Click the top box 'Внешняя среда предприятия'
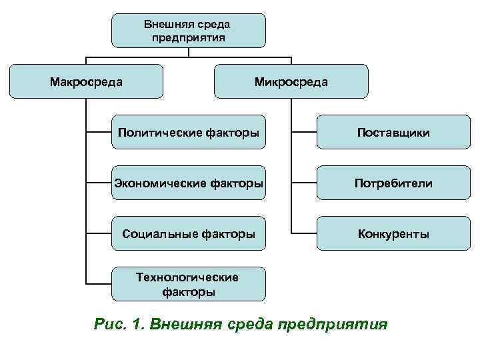[x=188, y=31]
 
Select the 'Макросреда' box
[x=87, y=81]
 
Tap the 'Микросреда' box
[x=291, y=81]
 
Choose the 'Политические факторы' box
[x=189, y=132]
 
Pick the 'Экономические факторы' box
[x=189, y=183]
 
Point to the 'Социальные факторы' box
[x=189, y=233]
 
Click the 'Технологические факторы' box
[x=189, y=284]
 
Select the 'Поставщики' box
[x=393, y=132]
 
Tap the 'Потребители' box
[x=393, y=183]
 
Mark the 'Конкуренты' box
[x=393, y=233]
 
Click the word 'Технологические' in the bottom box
[x=187, y=277]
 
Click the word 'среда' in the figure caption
[x=250, y=325]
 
